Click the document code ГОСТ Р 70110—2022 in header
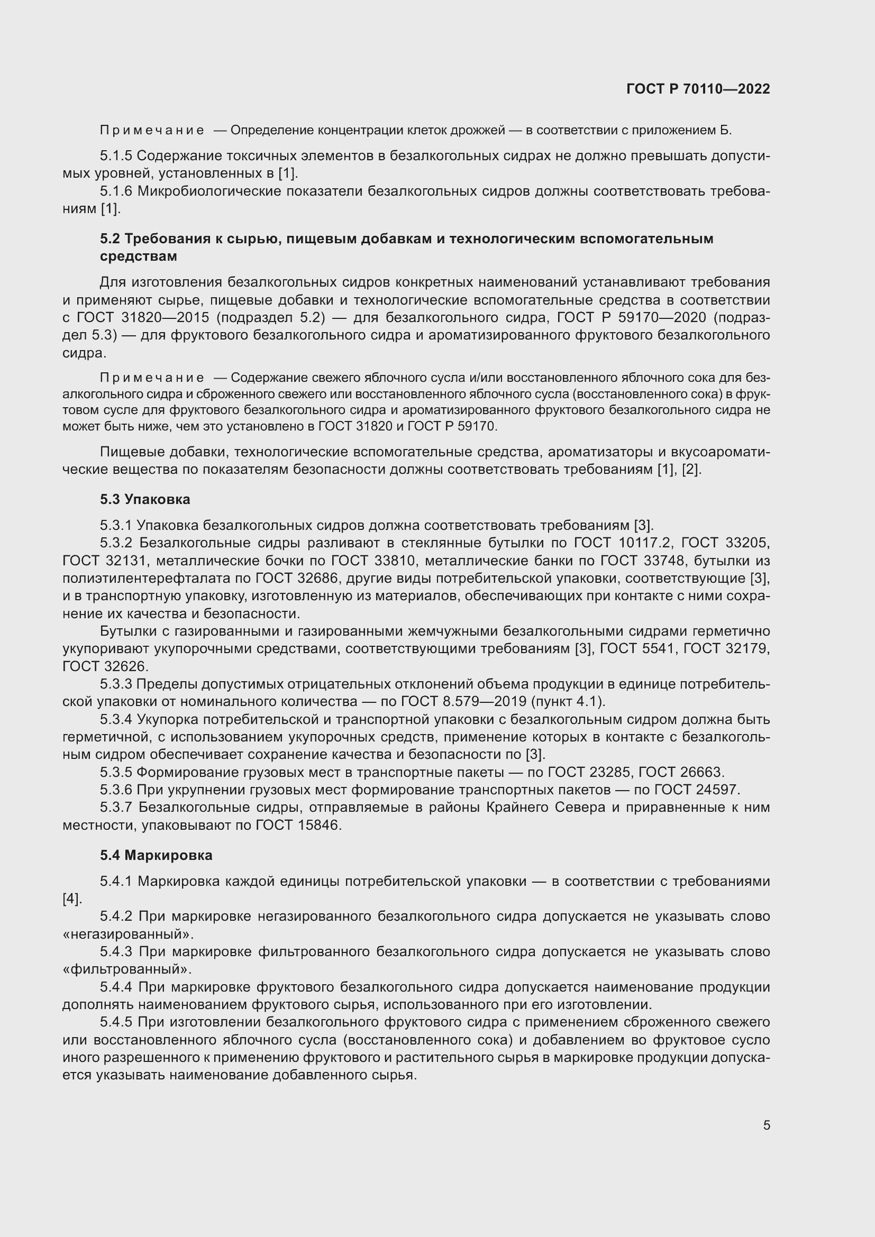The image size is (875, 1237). (x=698, y=89)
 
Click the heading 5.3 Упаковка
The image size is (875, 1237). (x=145, y=499)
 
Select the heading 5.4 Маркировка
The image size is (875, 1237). (x=156, y=855)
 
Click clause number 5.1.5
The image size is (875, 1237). (x=116, y=156)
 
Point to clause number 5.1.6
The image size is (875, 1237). (x=116, y=191)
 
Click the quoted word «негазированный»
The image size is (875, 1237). (x=127, y=933)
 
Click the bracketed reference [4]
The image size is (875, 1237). (x=71, y=899)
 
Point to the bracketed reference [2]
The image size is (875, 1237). (x=691, y=469)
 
